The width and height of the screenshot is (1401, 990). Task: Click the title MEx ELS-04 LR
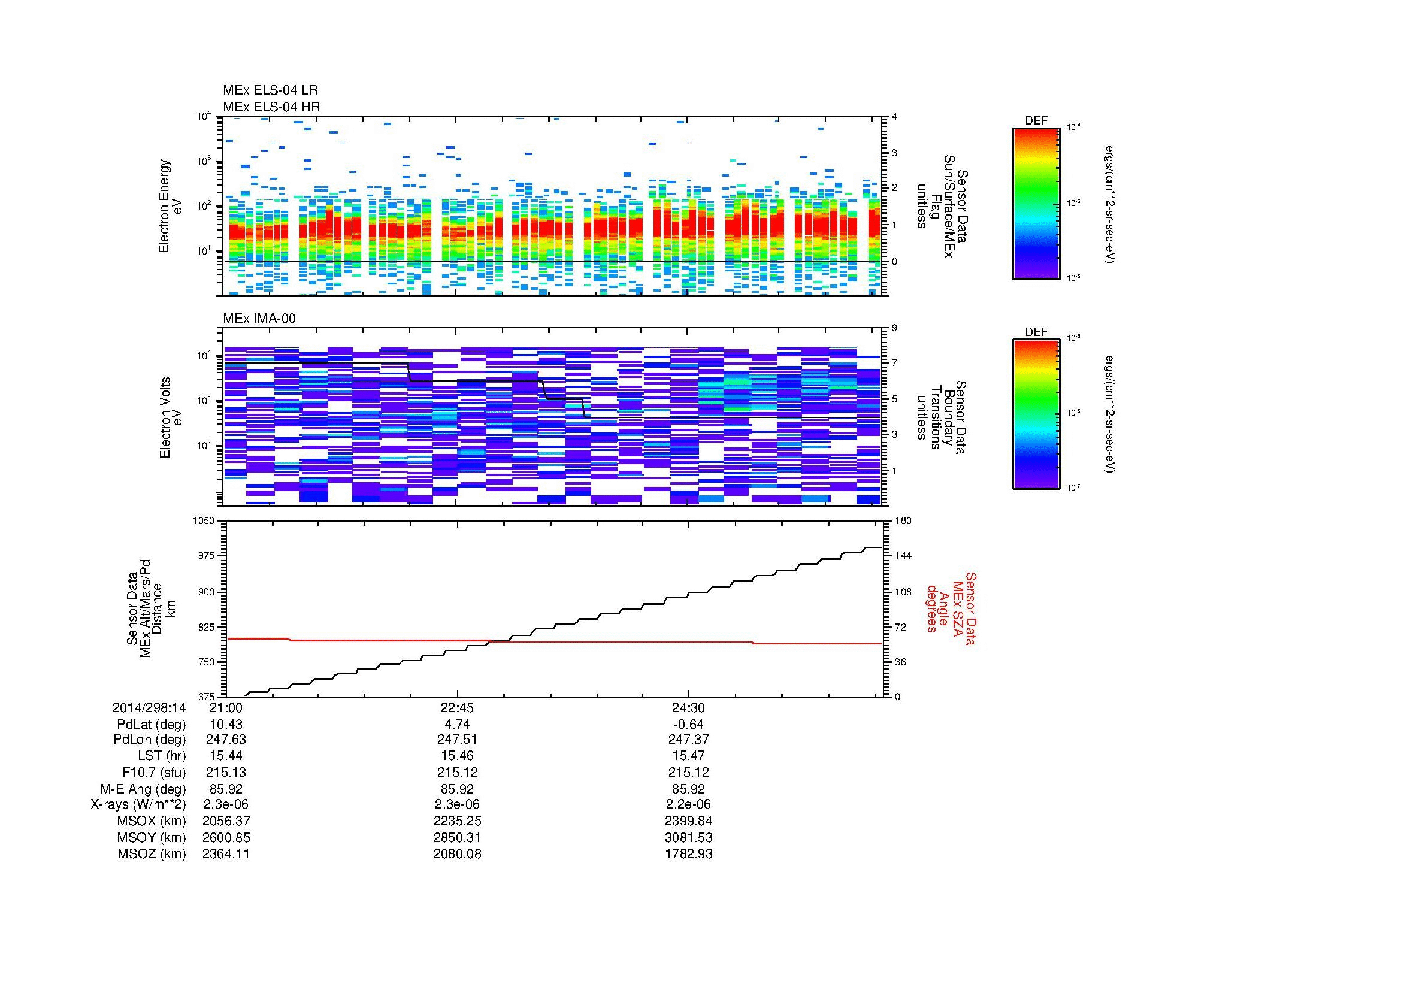click(270, 90)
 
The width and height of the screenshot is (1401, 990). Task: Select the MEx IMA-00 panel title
click(259, 319)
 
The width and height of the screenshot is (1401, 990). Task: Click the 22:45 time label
click(457, 708)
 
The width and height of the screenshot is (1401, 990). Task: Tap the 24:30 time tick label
click(688, 708)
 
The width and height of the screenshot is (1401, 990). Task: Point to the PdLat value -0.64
click(688, 725)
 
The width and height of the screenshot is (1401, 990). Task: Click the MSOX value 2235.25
click(457, 821)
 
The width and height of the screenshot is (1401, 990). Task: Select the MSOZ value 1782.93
click(688, 854)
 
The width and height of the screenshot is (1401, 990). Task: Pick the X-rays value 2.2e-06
click(688, 804)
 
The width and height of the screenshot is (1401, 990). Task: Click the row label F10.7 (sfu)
click(154, 772)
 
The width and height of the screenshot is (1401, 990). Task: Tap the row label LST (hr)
click(162, 756)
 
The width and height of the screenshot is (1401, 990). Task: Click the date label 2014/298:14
click(149, 708)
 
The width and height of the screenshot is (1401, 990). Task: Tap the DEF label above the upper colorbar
click(1036, 122)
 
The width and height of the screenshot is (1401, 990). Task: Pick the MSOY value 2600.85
click(226, 837)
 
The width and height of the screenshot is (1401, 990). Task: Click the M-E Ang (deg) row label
click(143, 789)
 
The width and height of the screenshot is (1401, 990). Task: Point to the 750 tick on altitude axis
click(207, 662)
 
